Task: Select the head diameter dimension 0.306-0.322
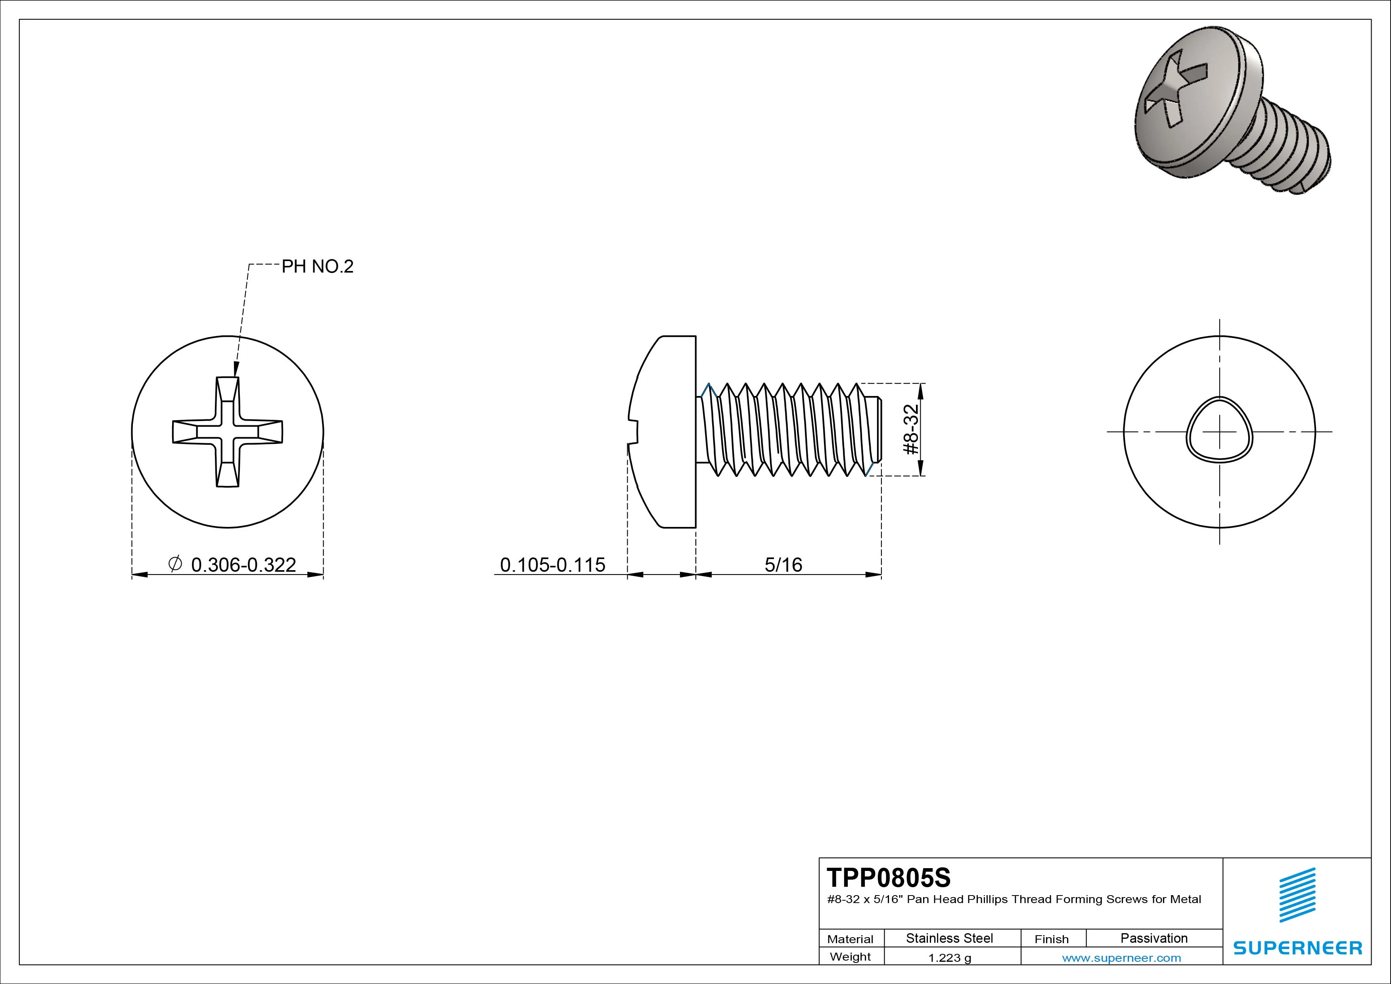[243, 565]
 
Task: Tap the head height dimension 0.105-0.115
[552, 565]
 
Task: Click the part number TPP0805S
[888, 877]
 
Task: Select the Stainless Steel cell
[949, 938]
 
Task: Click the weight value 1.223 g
[949, 958]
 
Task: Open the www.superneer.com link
[1121, 958]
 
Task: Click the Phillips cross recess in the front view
[227, 432]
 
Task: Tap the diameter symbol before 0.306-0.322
[174, 564]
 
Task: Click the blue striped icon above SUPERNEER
[1297, 895]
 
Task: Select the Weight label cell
[850, 957]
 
